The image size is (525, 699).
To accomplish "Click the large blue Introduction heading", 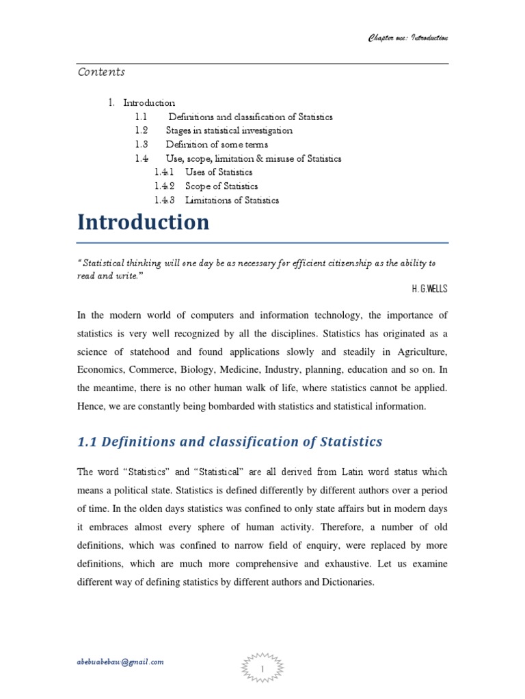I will [x=143, y=223].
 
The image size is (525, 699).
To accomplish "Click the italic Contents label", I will [x=100, y=72].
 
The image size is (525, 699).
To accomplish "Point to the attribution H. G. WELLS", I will [x=429, y=289].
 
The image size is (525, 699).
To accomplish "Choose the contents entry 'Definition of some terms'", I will [x=217, y=145].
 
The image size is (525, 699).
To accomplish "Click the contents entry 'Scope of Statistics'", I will [x=221, y=186].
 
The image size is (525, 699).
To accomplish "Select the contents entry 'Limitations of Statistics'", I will [x=232, y=200].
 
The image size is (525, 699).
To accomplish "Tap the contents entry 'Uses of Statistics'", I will [x=219, y=172].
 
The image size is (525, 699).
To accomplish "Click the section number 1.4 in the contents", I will [x=142, y=158].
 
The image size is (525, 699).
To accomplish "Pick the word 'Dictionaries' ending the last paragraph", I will [x=336, y=583].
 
